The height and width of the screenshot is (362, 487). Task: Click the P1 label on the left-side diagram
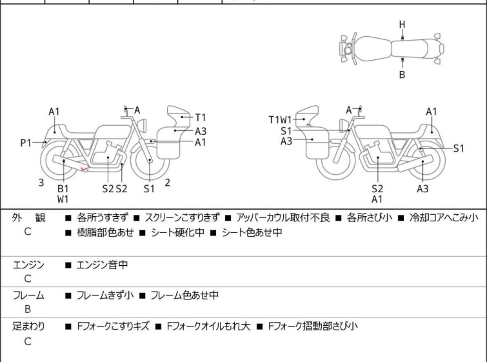26,143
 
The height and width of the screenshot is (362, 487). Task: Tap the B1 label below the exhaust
63,188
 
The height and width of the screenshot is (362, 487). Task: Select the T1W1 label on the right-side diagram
281,119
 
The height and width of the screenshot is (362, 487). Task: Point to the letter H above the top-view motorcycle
402,25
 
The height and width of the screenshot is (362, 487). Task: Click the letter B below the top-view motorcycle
402,75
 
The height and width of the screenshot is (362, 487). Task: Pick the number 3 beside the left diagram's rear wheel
41,183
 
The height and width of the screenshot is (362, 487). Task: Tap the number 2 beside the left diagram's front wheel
167,183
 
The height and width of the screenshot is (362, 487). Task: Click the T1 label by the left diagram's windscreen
201,117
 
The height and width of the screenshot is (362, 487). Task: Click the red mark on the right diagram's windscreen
310,125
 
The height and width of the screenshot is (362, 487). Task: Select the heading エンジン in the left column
28,265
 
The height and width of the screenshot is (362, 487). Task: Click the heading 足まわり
28,327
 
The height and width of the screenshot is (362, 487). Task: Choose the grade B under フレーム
28,310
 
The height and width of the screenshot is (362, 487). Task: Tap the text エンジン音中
104,265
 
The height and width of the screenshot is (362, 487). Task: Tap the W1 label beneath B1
63,199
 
